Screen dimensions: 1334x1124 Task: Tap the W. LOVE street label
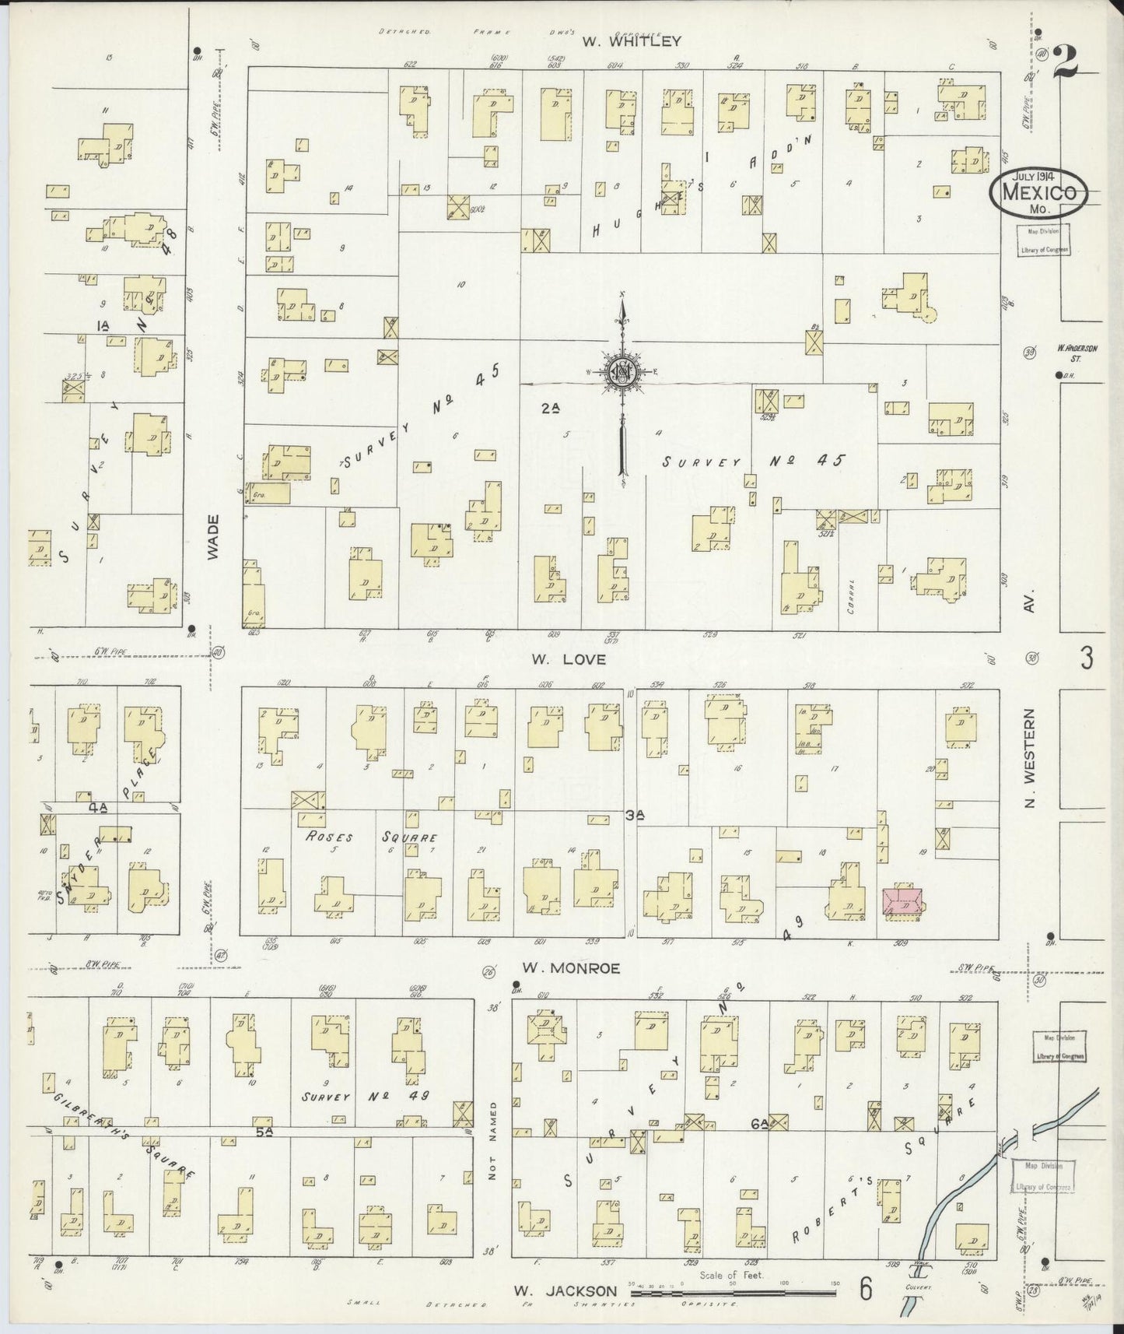point(580,659)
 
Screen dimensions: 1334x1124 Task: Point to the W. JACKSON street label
point(566,1290)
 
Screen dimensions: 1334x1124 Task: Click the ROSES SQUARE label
point(372,837)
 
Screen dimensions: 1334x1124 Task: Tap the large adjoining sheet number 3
point(1086,659)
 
